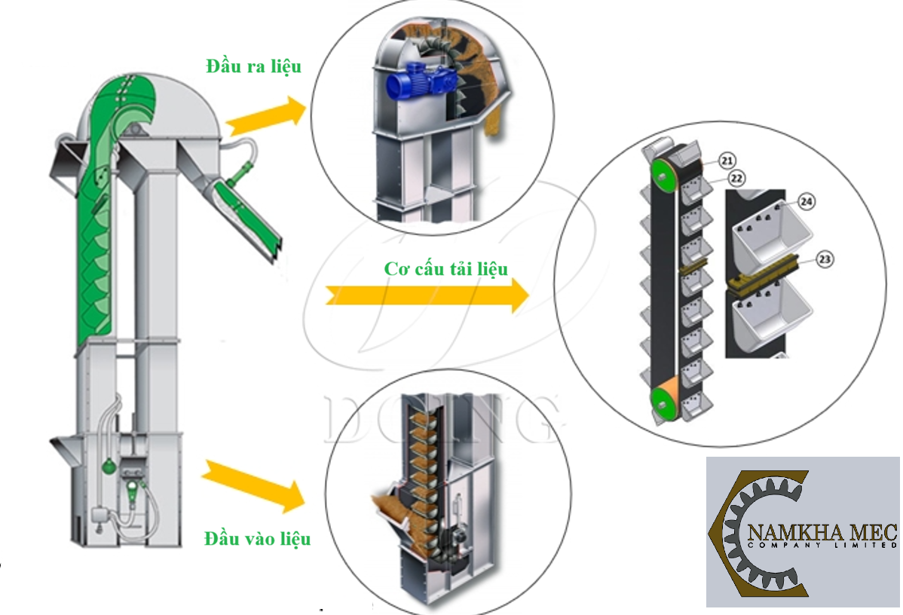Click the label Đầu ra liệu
tap(253, 66)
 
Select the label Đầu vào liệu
tap(257, 539)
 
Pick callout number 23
tap(825, 260)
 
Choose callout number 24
tap(807, 202)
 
